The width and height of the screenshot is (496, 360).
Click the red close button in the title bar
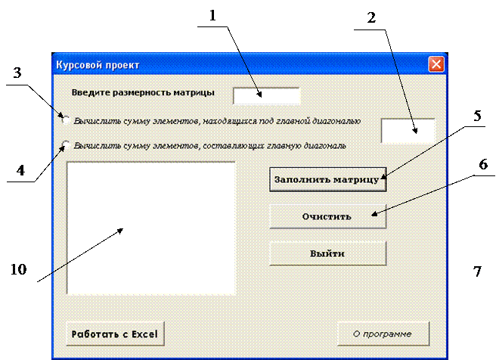click(436, 64)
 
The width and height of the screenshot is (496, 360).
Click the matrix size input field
click(266, 95)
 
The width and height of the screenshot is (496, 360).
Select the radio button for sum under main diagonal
click(67, 119)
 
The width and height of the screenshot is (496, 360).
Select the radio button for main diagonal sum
click(67, 144)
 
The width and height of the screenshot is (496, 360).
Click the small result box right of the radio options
click(408, 130)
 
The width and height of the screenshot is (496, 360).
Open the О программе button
click(383, 333)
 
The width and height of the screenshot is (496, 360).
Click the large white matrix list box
click(151, 227)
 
